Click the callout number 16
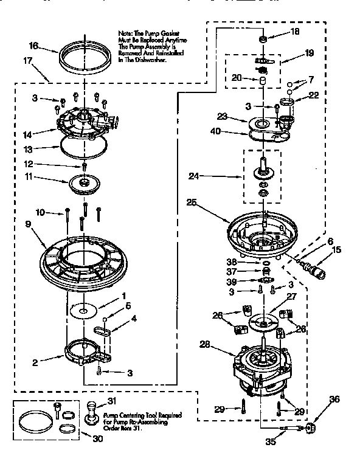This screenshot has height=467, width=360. (34, 46)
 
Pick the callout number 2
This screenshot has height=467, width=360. (35, 362)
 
